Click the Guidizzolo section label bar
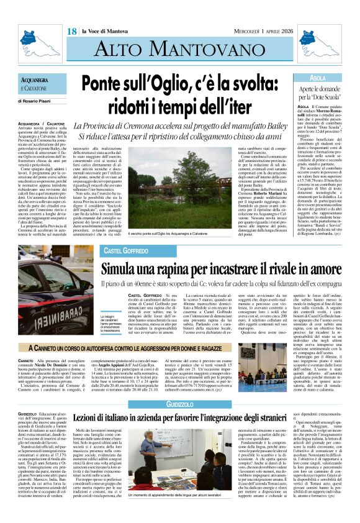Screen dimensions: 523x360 pyautogui.click(x=179, y=404)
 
